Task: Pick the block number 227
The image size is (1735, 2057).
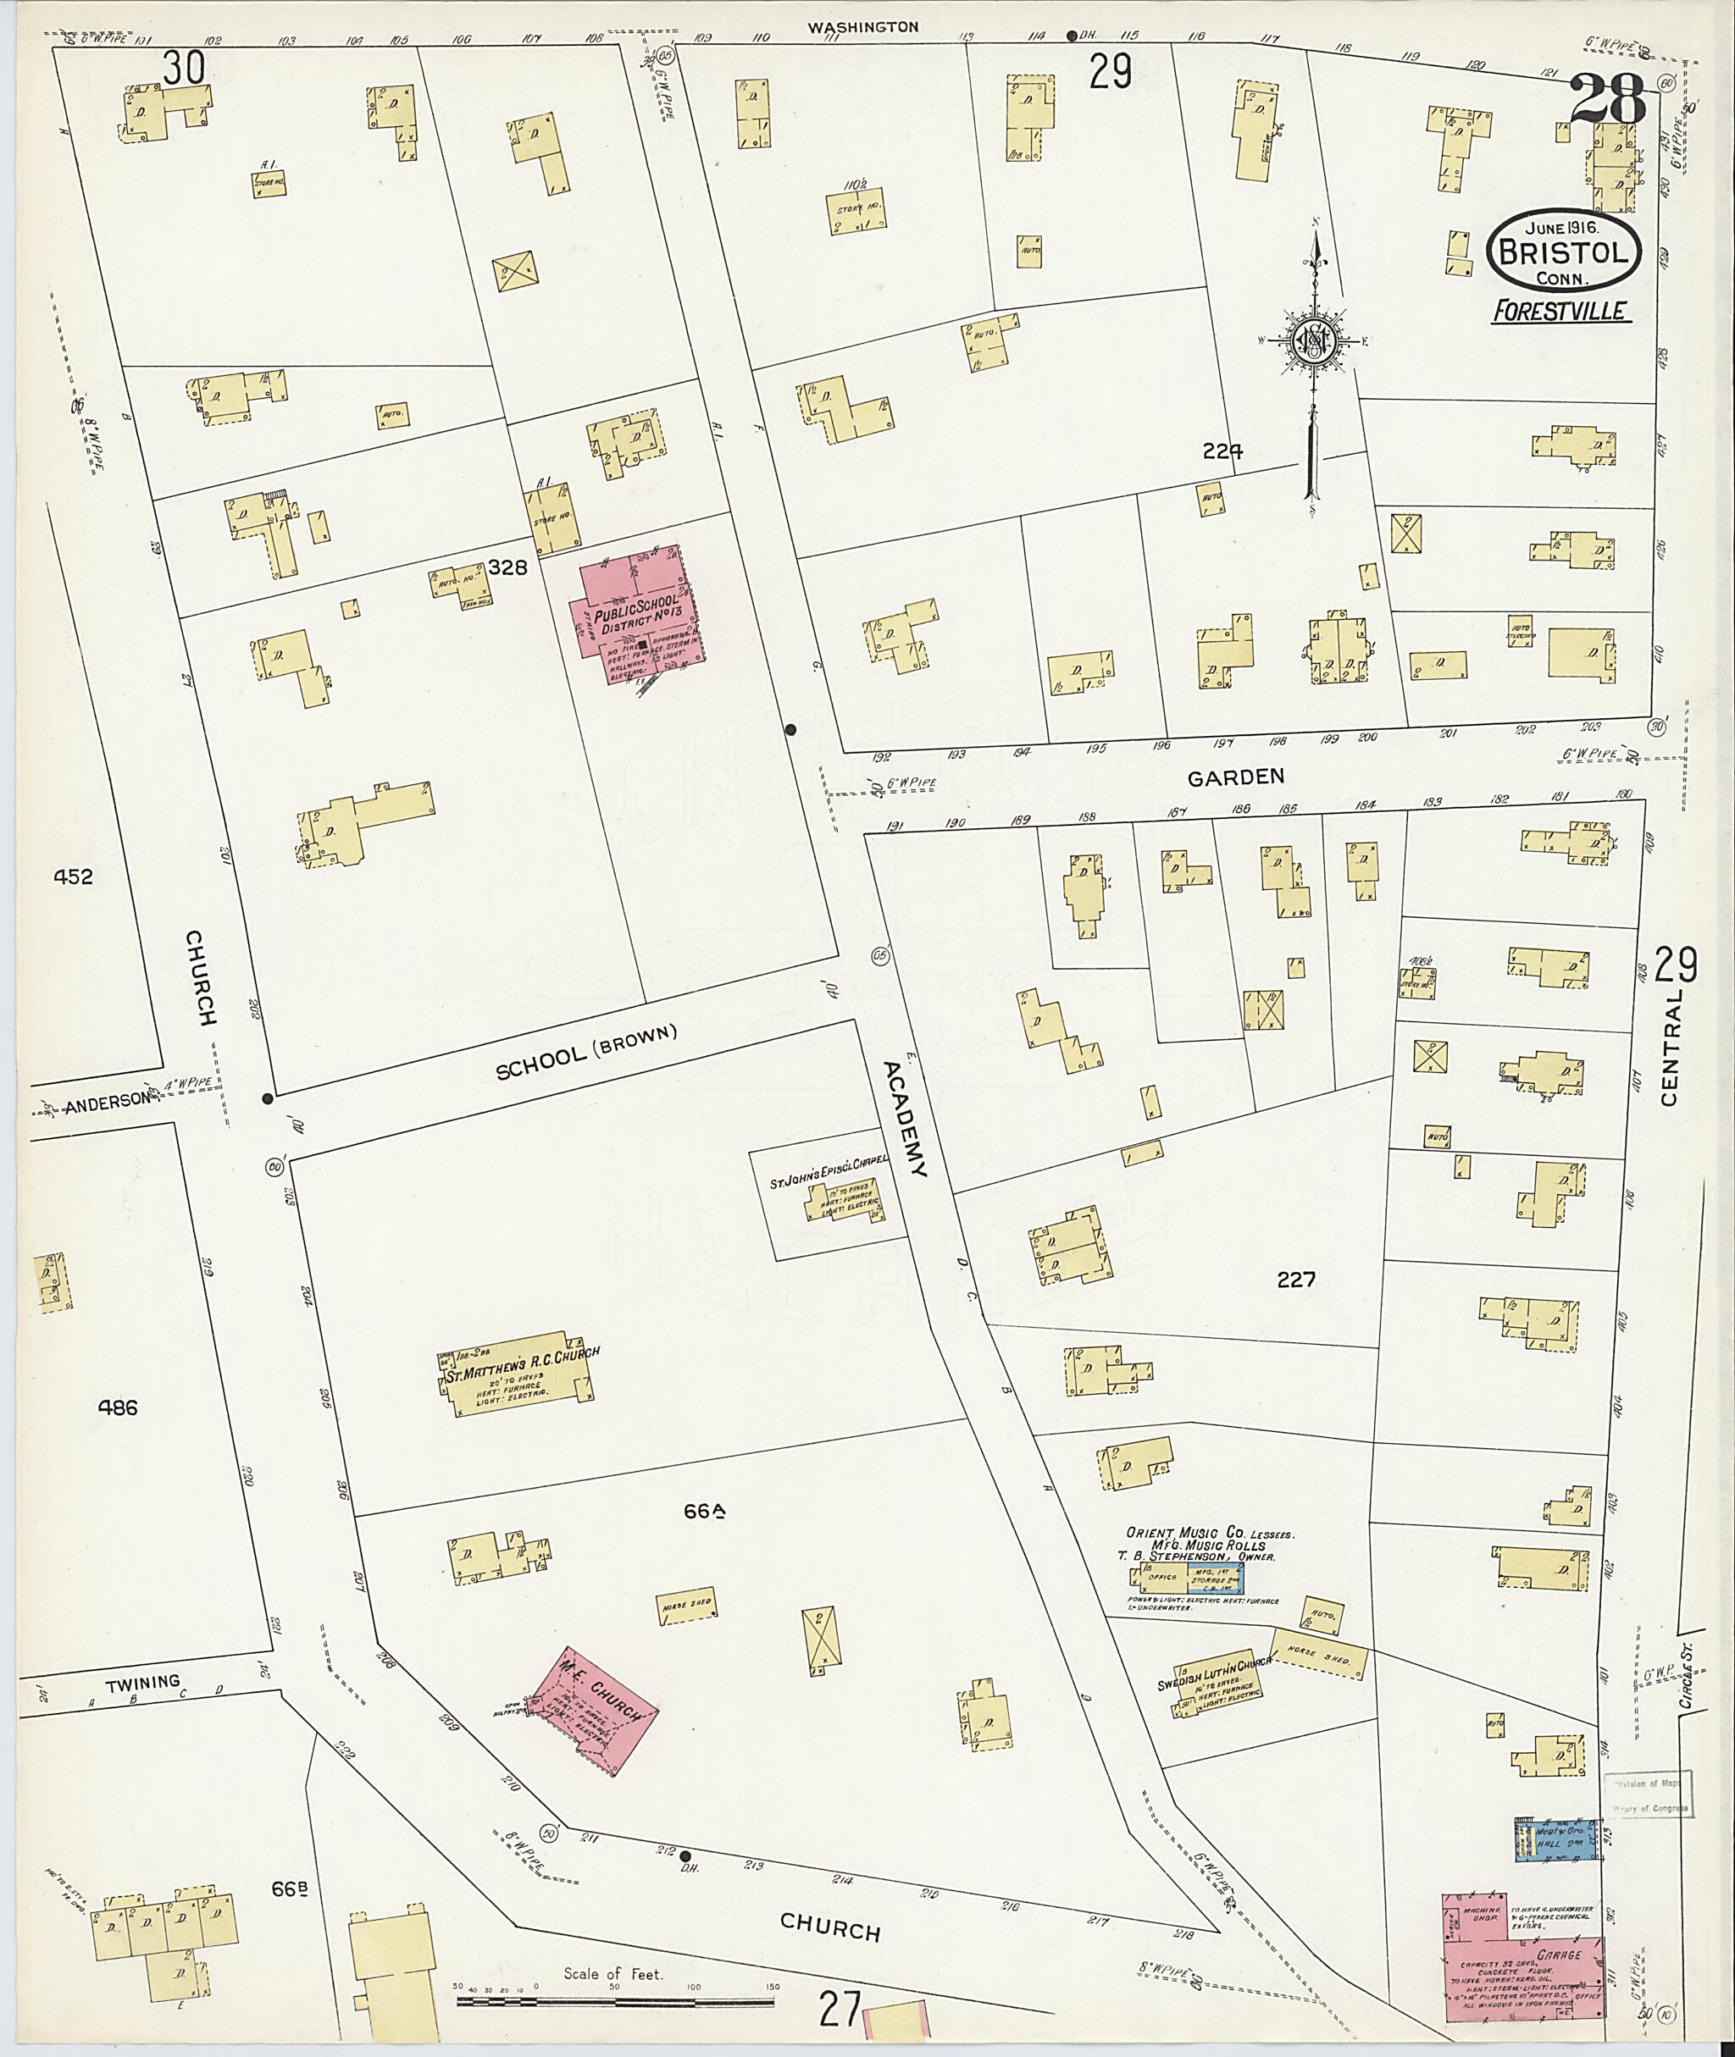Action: [x=1295, y=1280]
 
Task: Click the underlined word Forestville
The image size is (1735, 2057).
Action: [x=1561, y=312]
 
